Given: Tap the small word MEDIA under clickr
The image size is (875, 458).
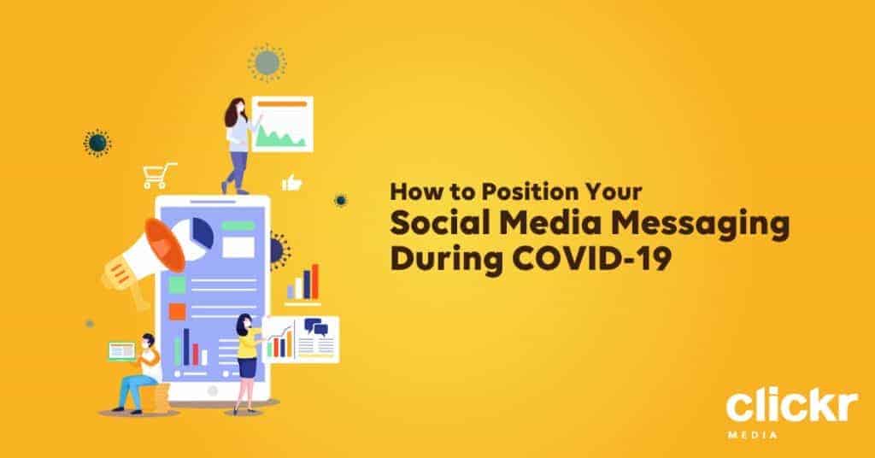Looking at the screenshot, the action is click(752, 433).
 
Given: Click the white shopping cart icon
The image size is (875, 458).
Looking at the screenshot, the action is click(159, 175).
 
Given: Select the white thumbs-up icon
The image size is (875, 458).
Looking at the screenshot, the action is click(292, 182).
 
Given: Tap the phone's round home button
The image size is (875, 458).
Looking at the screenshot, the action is click(212, 391).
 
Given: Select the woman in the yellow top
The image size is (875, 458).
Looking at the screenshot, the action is click(246, 362).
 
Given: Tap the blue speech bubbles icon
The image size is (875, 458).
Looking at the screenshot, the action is click(316, 327).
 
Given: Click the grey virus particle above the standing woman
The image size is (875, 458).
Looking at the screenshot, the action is click(267, 62).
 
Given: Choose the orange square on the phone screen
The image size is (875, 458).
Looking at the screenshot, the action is click(177, 311).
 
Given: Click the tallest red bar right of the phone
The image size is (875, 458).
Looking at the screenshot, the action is click(314, 282).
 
